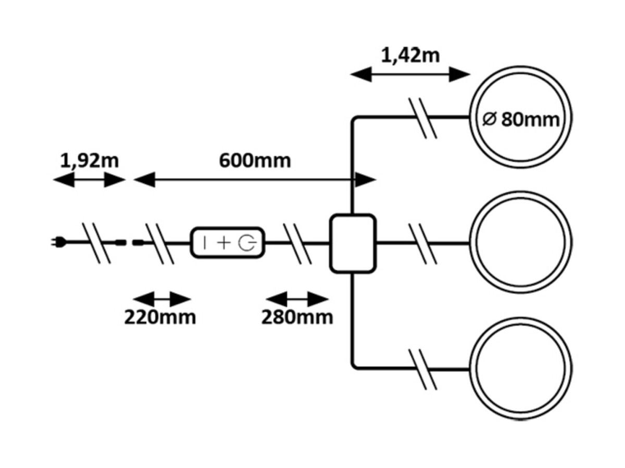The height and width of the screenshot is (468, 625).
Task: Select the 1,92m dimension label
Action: click(x=90, y=161)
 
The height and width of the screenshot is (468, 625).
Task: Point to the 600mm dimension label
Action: click(x=255, y=161)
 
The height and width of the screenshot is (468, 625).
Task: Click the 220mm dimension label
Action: click(x=160, y=317)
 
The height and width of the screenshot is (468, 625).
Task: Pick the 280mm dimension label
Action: click(x=297, y=317)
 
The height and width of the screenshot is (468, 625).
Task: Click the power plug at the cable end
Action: click(x=58, y=242)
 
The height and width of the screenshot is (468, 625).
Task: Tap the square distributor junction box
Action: click(x=353, y=243)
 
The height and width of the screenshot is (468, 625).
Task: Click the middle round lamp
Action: click(x=521, y=243)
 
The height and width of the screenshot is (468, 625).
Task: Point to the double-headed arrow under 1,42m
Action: click(x=410, y=74)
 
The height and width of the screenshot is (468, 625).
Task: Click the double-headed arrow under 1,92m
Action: click(x=90, y=180)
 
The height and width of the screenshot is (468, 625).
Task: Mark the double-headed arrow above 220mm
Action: click(x=162, y=300)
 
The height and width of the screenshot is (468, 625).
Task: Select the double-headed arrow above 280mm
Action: click(x=297, y=300)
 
